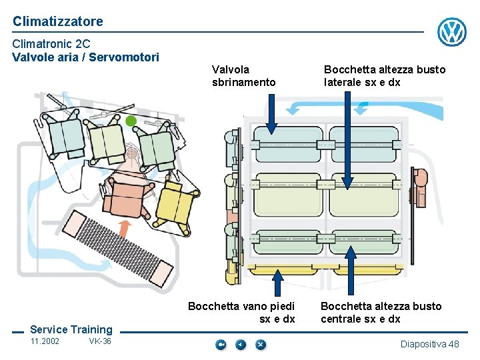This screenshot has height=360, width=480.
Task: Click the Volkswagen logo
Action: (x=451, y=31)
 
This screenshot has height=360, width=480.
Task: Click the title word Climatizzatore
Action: (x=58, y=21)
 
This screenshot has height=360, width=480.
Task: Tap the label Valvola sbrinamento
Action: (x=243, y=76)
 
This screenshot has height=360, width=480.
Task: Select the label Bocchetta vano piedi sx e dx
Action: (x=241, y=313)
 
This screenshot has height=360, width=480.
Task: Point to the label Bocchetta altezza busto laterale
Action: (x=385, y=76)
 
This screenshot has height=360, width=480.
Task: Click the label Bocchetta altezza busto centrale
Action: (x=381, y=313)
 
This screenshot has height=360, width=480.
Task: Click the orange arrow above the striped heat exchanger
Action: (x=124, y=228)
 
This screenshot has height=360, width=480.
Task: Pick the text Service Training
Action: (x=71, y=329)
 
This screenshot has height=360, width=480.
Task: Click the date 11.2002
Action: (x=45, y=342)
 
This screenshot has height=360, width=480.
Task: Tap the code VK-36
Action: (x=100, y=342)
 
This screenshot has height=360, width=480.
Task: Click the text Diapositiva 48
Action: (x=429, y=344)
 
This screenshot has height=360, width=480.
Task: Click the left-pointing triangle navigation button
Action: (x=241, y=345)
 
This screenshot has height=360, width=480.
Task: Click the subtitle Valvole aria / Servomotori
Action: (x=85, y=57)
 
